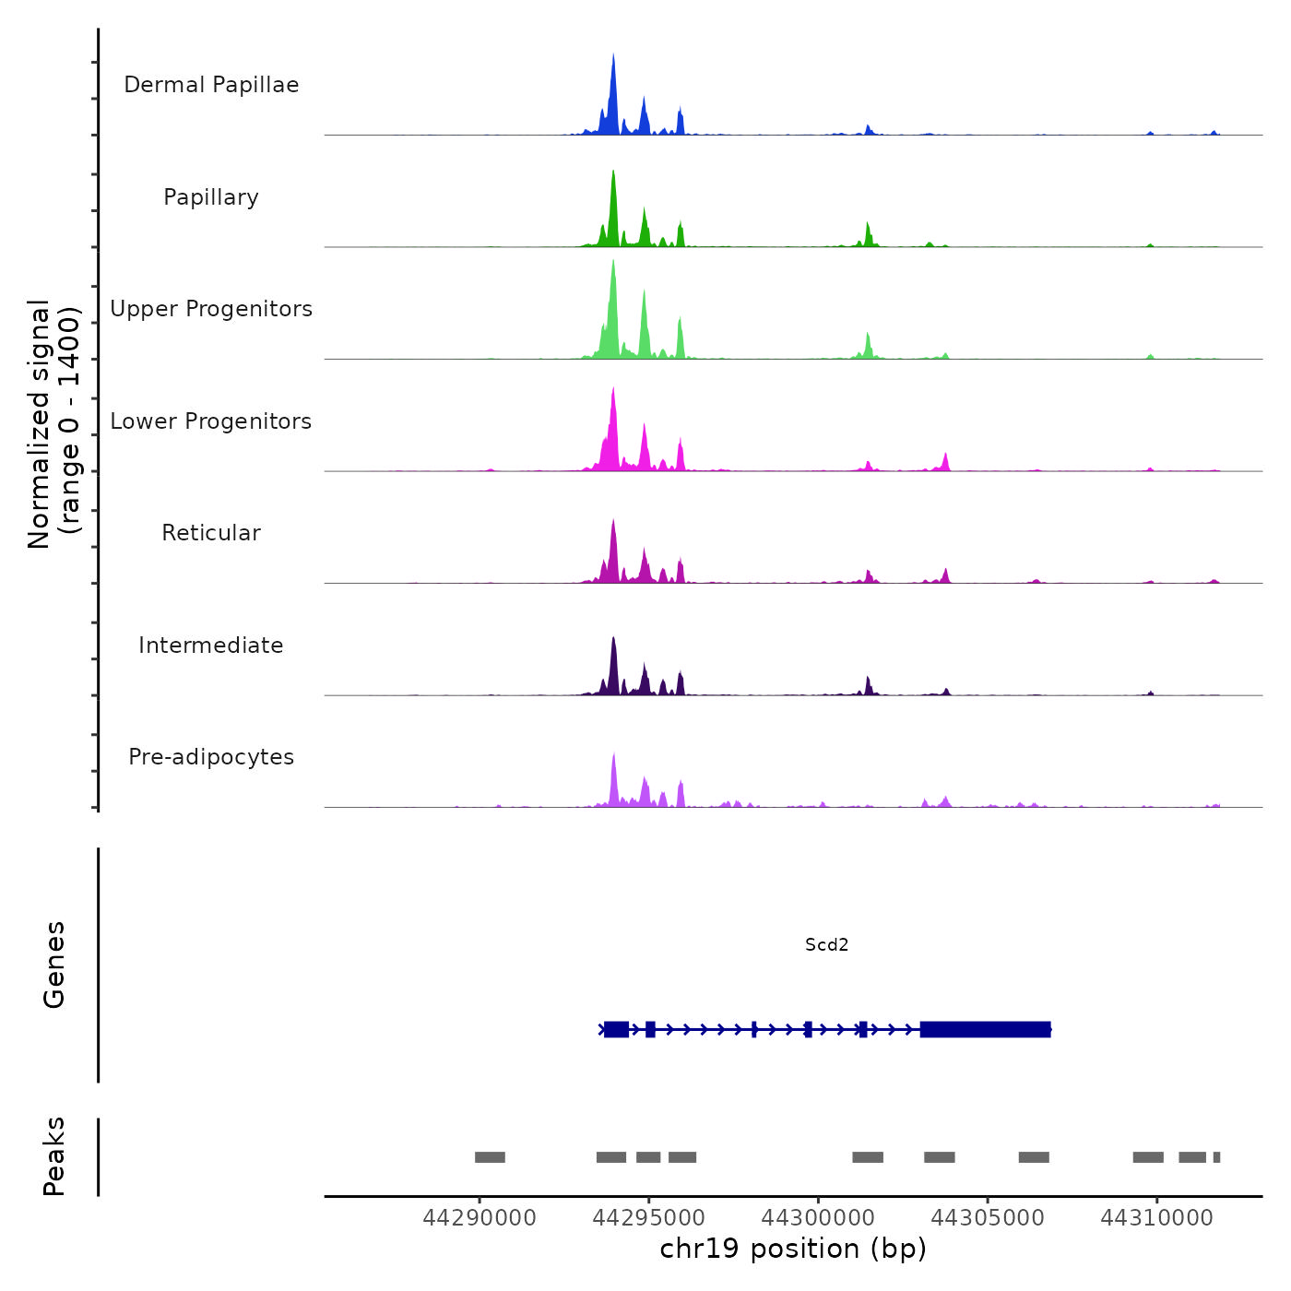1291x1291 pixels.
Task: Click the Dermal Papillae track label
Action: click(x=211, y=85)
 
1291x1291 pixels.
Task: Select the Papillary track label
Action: click(x=211, y=197)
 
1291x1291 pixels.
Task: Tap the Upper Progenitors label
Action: click(x=211, y=309)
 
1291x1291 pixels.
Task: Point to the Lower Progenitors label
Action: click(x=211, y=421)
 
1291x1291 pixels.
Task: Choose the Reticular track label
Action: click(x=211, y=533)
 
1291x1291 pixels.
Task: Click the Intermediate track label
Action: click(x=211, y=645)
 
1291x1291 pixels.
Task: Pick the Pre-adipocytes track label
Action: click(x=211, y=757)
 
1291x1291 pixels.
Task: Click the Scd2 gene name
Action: click(x=826, y=944)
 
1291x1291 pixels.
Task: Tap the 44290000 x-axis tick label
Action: click(x=480, y=1218)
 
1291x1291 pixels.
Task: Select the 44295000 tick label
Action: click(x=649, y=1218)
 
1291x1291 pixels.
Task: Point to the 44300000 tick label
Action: click(x=818, y=1218)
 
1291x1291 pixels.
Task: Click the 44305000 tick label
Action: click(x=988, y=1218)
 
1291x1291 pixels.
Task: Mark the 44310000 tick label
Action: click(x=1157, y=1218)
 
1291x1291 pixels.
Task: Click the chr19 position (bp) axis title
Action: click(x=793, y=1249)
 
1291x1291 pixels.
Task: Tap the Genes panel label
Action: click(x=54, y=965)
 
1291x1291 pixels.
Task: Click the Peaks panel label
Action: click(x=54, y=1156)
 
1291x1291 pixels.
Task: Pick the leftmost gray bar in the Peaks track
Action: click(x=490, y=1157)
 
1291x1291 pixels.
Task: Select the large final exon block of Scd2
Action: click(x=985, y=1029)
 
